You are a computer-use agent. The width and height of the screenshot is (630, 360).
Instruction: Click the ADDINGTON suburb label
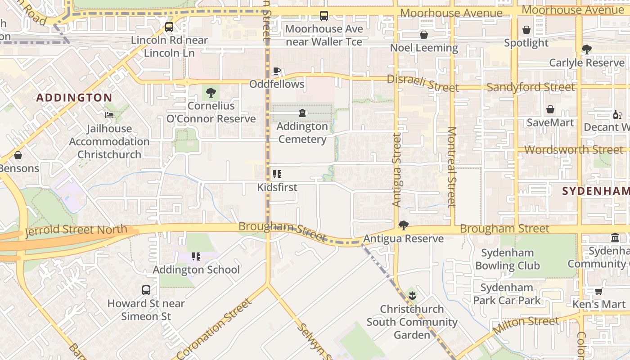click(x=74, y=98)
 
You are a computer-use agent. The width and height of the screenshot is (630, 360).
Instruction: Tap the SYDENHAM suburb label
click(x=595, y=191)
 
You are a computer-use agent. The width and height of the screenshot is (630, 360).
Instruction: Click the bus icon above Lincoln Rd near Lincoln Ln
click(x=169, y=27)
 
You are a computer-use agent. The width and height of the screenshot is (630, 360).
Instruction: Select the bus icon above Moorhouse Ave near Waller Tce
click(x=324, y=16)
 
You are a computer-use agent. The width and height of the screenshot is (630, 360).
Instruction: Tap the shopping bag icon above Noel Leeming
click(x=424, y=35)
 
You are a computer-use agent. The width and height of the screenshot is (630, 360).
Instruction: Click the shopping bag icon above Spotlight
click(x=526, y=30)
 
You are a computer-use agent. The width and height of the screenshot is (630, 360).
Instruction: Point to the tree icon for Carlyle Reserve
click(x=586, y=49)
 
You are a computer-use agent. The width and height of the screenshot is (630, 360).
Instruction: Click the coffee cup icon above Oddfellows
click(x=277, y=71)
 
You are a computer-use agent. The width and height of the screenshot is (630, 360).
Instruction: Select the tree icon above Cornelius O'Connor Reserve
click(x=211, y=93)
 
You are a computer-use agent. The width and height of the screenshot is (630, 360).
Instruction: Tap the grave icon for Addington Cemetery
click(x=302, y=113)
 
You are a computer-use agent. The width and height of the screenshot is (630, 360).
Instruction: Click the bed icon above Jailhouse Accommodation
click(x=109, y=115)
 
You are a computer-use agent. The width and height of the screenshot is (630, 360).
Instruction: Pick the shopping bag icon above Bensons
click(x=18, y=155)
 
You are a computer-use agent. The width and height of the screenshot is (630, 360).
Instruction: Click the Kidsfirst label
click(x=277, y=187)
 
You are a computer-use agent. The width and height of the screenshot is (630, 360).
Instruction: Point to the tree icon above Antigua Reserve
click(x=404, y=225)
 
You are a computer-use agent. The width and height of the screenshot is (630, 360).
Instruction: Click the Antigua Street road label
click(x=396, y=170)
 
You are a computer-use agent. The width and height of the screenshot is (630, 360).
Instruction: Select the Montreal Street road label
click(x=452, y=166)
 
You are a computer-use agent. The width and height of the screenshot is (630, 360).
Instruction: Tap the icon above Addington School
click(x=196, y=256)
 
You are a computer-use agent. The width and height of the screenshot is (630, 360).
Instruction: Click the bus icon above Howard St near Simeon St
click(x=146, y=290)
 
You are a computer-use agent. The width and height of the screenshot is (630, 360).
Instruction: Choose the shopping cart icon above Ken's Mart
click(x=598, y=291)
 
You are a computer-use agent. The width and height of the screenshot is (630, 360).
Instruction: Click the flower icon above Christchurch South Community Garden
click(x=412, y=296)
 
